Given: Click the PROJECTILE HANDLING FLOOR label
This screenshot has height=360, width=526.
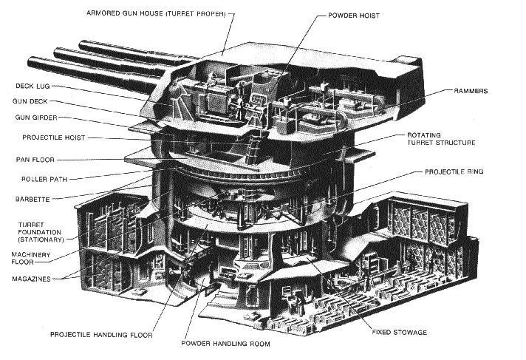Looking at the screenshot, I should tap(101, 335).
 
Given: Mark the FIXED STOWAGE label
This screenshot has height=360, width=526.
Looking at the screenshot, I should tap(399, 333).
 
